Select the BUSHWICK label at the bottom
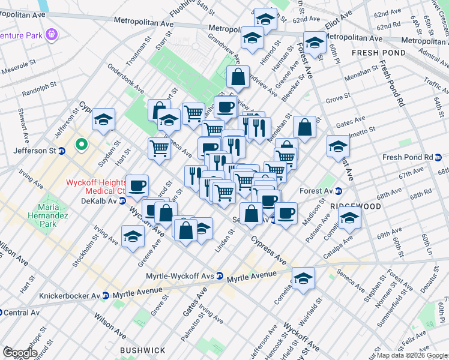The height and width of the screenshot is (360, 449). (x=142, y=350)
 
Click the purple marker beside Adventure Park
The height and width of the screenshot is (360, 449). (x=52, y=35)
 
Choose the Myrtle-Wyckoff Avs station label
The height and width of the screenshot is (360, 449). (x=184, y=277)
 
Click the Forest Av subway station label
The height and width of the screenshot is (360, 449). (x=319, y=192)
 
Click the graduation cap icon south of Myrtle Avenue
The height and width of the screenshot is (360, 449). (x=304, y=278)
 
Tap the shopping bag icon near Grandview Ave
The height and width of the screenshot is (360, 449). (x=238, y=77)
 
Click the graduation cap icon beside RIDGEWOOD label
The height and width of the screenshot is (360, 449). (x=349, y=219)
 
